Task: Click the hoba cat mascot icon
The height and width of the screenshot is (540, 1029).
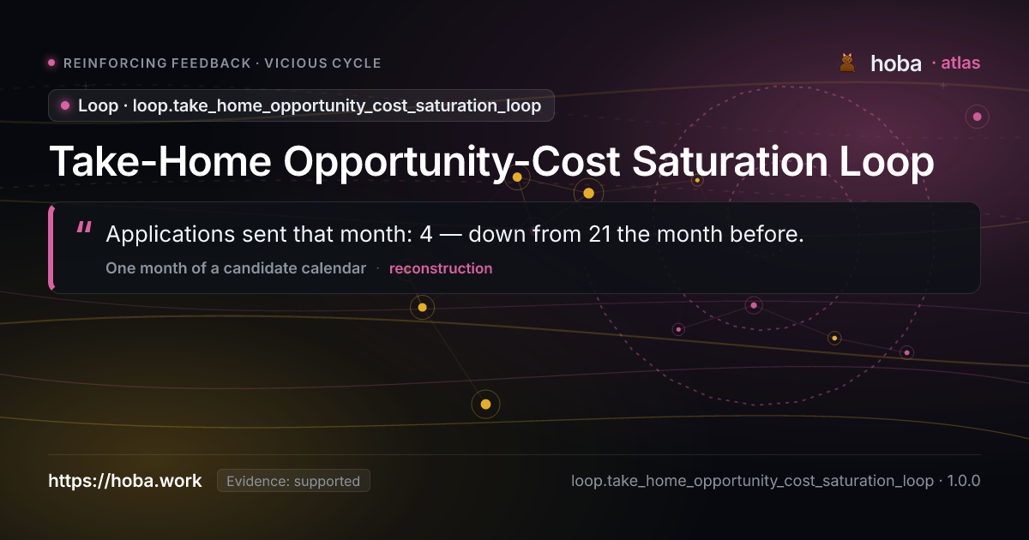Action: pos(847,63)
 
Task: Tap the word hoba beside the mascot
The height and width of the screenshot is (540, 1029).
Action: pos(896,63)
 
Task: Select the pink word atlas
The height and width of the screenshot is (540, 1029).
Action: pos(960,63)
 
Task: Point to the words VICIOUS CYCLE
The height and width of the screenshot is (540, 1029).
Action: pos(322,63)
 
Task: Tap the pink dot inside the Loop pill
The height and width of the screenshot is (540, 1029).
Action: pos(65,105)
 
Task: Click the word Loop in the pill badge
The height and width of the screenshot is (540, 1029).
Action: pos(98,105)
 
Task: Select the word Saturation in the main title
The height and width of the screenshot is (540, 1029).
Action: pos(730,162)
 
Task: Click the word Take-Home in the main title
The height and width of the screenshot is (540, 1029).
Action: pos(160,162)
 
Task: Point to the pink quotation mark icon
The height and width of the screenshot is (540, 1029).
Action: pos(84,228)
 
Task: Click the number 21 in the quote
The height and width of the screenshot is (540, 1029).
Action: pos(599,234)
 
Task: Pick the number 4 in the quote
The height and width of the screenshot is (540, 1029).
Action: pos(426,234)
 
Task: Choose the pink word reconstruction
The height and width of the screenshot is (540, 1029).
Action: pos(441,268)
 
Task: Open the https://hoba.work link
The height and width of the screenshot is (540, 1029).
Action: pos(125,481)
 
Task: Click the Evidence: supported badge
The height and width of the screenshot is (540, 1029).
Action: pos(293,481)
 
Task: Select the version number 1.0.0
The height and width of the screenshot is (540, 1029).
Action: pos(964,481)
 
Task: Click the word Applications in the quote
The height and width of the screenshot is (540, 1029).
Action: pos(171,234)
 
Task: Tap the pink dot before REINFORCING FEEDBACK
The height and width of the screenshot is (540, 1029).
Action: pos(51,63)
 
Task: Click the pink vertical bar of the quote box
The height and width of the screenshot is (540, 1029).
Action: pos(51,248)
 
